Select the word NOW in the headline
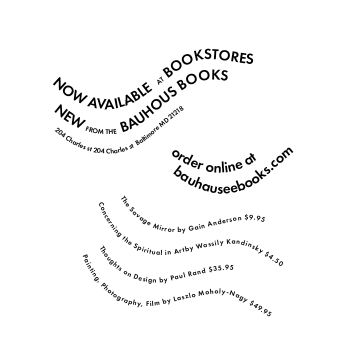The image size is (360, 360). click(65, 88)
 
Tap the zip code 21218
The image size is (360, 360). click(176, 117)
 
